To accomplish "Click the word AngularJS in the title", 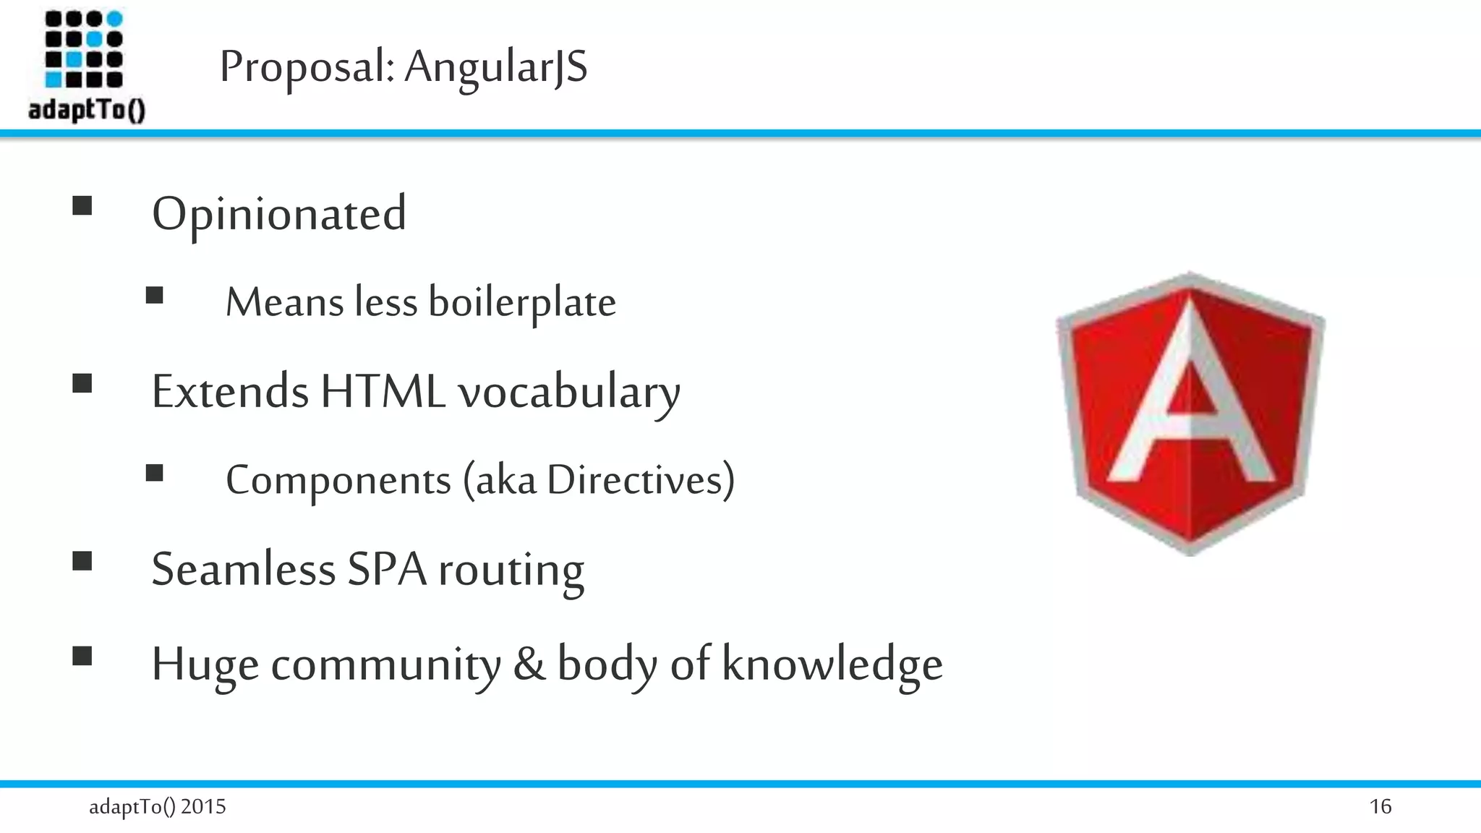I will (x=495, y=67).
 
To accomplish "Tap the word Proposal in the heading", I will (x=307, y=67).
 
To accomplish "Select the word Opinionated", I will (x=279, y=214).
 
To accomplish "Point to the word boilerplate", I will (x=522, y=302).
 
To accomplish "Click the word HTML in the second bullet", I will (x=383, y=392).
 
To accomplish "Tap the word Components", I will (x=338, y=480).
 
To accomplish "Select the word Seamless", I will (x=244, y=569).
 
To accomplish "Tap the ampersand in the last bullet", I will (x=529, y=664).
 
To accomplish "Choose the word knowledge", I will (x=832, y=664).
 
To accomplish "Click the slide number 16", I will (x=1380, y=806).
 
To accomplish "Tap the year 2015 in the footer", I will (x=203, y=806).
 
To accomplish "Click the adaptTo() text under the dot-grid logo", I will (x=87, y=110).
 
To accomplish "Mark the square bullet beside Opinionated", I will (x=82, y=206).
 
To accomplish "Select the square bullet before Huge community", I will (x=82, y=656).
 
